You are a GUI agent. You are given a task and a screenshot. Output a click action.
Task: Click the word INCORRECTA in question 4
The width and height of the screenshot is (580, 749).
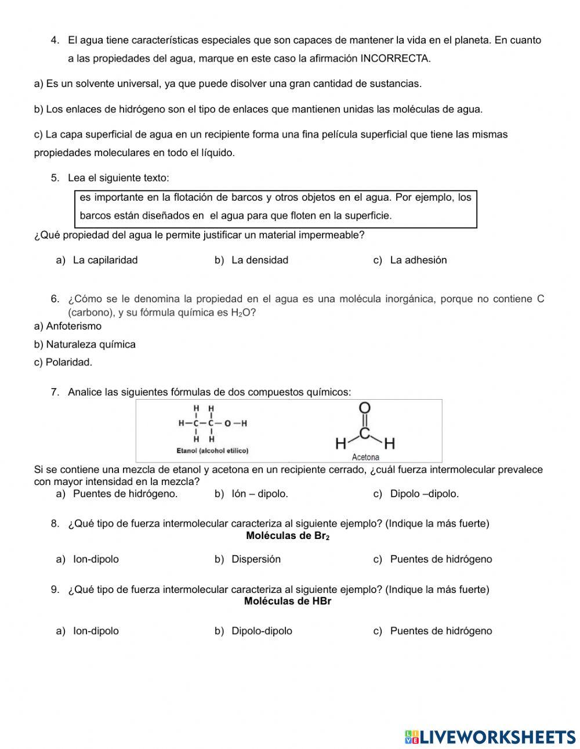click(x=395, y=59)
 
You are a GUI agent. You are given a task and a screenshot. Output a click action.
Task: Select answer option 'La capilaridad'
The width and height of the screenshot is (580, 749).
click(x=105, y=260)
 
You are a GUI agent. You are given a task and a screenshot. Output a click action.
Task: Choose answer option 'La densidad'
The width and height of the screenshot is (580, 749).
click(x=259, y=260)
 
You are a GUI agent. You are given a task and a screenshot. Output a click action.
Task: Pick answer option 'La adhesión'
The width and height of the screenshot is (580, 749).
click(x=418, y=260)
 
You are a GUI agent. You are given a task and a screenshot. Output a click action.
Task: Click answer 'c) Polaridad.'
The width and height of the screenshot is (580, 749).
click(x=63, y=362)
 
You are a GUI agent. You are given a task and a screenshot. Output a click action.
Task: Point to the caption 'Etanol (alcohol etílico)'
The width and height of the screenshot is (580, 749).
click(x=212, y=451)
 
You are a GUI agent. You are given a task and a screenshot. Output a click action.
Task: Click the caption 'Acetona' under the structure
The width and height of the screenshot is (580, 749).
click(x=365, y=457)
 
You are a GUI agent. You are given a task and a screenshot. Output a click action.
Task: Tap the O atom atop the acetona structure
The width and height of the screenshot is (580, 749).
click(x=365, y=408)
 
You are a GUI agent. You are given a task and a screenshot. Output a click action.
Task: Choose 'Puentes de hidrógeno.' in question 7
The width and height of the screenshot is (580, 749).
click(x=125, y=494)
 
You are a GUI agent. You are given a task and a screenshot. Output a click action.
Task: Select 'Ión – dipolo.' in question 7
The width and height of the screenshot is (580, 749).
click(x=259, y=494)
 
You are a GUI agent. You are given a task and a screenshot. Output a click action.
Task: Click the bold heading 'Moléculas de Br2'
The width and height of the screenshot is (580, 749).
click(x=288, y=535)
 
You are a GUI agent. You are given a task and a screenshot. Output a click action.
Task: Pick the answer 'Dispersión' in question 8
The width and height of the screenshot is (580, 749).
click(x=256, y=559)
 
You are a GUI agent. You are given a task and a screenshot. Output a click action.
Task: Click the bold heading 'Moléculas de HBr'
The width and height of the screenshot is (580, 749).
click(x=288, y=601)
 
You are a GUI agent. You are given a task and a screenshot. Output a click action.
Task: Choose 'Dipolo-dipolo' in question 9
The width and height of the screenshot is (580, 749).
click(x=262, y=631)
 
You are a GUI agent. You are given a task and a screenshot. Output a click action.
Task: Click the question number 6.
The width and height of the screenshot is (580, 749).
click(x=55, y=299)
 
